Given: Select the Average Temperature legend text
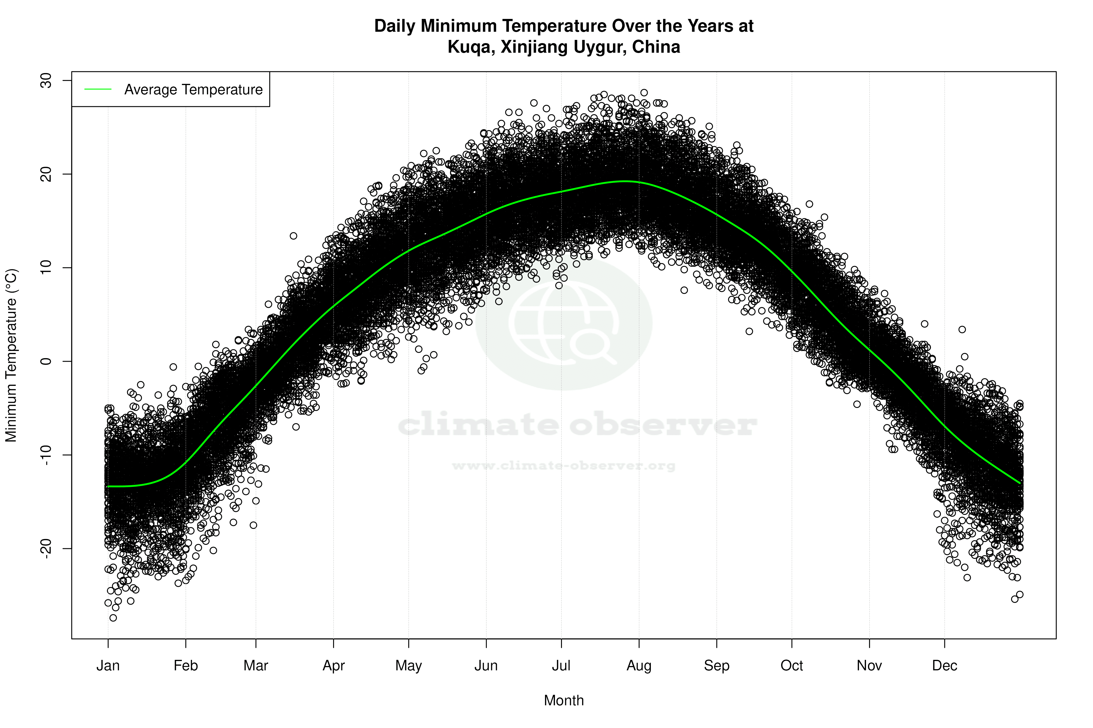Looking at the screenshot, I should pyautogui.click(x=193, y=90).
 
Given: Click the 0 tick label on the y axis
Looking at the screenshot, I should pyautogui.click(x=46, y=361).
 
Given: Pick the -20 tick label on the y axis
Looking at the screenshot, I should pyautogui.click(x=46, y=548).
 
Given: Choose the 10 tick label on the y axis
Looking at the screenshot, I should pyautogui.click(x=46, y=267).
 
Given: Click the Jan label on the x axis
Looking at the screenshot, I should pyautogui.click(x=108, y=666).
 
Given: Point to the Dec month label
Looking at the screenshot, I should pyautogui.click(x=944, y=666).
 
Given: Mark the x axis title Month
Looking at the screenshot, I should pyautogui.click(x=564, y=701).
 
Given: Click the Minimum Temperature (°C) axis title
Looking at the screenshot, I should pyautogui.click(x=11, y=355).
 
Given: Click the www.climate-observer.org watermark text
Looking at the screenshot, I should pyautogui.click(x=564, y=466).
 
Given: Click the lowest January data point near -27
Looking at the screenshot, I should pyautogui.click(x=113, y=618).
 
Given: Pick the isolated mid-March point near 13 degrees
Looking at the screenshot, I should pyautogui.click(x=293, y=236).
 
